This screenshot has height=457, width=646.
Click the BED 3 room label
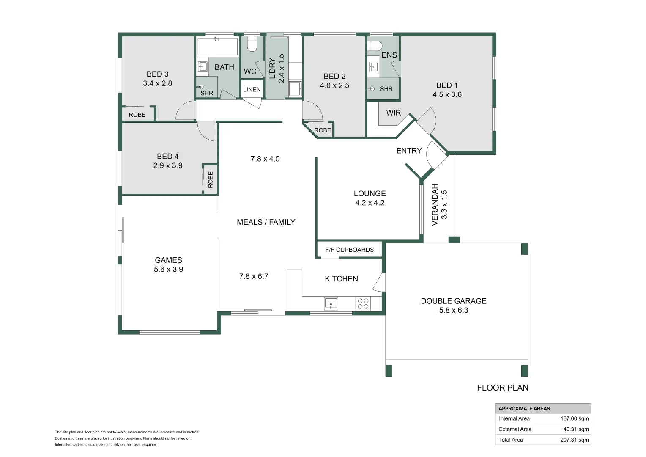(157, 74)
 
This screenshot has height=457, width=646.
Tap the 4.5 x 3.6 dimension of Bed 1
(447, 95)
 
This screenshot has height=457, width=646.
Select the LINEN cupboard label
(252, 89)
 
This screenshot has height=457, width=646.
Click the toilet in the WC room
(252, 44)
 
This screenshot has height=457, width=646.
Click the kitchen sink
(331, 303)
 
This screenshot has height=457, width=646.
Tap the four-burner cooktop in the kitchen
(363, 303)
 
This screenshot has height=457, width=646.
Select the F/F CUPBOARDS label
(349, 250)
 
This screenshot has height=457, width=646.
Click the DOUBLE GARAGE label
(453, 301)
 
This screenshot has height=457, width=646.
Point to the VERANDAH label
(435, 204)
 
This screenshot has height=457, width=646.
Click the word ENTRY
(409, 151)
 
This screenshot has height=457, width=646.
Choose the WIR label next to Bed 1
(393, 113)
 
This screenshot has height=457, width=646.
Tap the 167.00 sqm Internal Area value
(574, 418)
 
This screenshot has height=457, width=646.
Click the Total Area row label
(511, 440)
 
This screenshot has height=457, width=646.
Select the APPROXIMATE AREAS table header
(524, 408)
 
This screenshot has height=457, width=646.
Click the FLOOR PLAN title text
(502, 388)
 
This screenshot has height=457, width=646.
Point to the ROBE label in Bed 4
(210, 179)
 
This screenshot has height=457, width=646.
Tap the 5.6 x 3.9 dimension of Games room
(168, 270)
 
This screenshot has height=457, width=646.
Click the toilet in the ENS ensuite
(375, 46)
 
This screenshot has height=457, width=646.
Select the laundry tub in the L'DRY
(295, 89)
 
